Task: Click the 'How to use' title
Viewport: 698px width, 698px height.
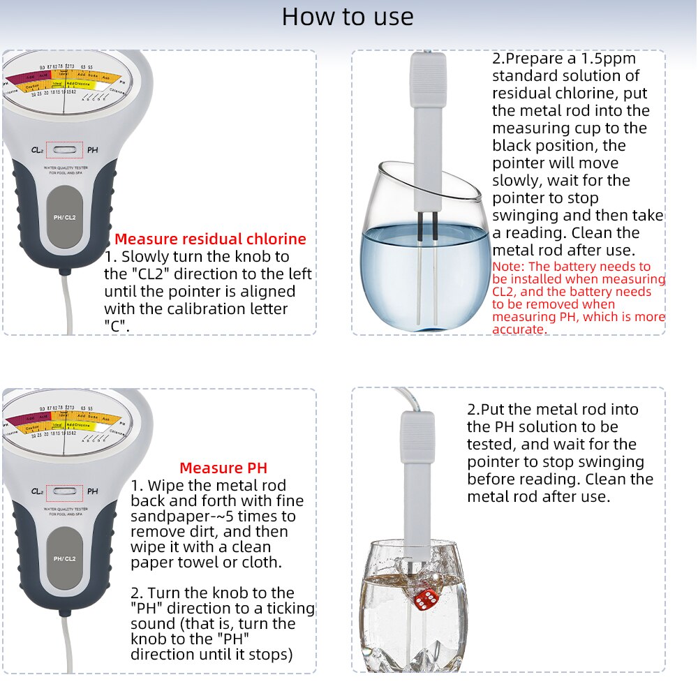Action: pyautogui.click(x=348, y=17)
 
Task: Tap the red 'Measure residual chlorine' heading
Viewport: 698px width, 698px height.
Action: pyautogui.click(x=210, y=239)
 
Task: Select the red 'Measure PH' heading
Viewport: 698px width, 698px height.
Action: pyautogui.click(x=223, y=468)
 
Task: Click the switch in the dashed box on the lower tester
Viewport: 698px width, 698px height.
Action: pyautogui.click(x=65, y=491)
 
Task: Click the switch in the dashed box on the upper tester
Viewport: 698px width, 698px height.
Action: pyautogui.click(x=65, y=150)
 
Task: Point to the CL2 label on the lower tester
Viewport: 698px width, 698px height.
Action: pyautogui.click(x=38, y=491)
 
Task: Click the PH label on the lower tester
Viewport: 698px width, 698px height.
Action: pyautogui.click(x=93, y=491)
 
